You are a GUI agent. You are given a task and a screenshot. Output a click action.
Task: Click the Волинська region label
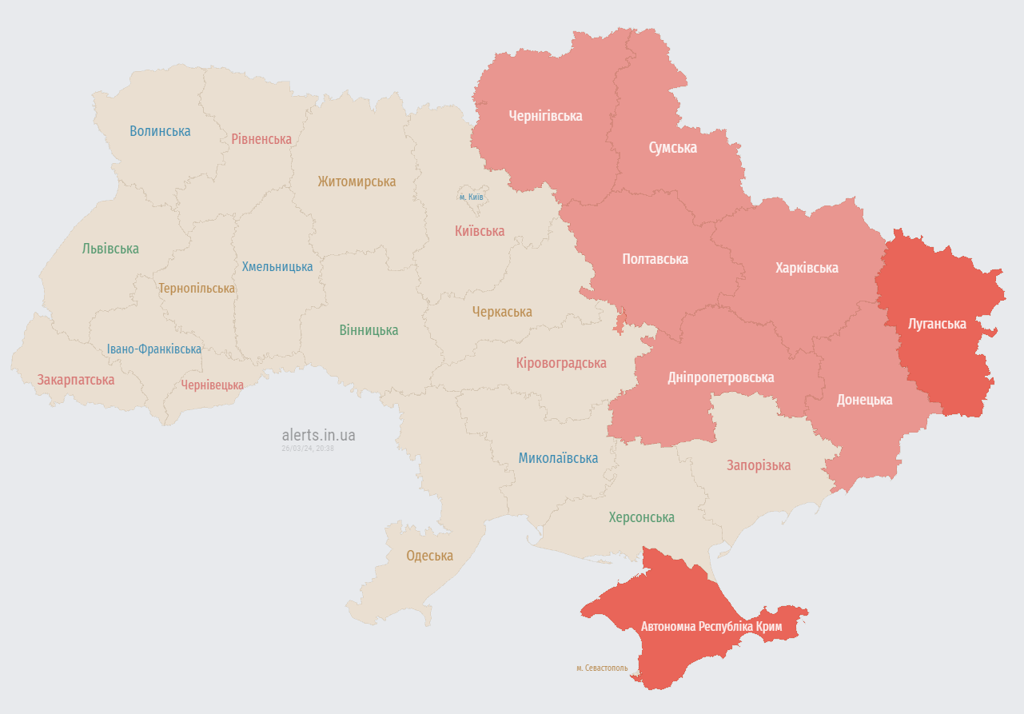160,131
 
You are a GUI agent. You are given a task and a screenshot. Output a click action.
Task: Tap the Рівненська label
261,139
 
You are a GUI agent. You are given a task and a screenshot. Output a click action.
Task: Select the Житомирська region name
357,181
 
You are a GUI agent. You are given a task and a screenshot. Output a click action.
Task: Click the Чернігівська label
545,116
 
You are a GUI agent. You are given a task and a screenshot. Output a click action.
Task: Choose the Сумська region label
672,148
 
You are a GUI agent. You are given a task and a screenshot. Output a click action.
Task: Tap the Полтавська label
655,259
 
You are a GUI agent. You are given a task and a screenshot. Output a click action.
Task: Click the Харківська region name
807,268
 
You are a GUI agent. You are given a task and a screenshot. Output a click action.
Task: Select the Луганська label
937,324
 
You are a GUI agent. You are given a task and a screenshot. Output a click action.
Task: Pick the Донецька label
864,400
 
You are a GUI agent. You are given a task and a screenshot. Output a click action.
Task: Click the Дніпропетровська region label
720,377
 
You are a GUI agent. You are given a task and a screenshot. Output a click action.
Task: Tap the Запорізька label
759,465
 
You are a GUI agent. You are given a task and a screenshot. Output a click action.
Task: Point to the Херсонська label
641,517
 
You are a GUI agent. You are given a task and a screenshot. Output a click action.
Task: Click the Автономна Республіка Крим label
711,626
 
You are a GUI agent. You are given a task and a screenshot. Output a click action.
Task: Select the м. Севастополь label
602,668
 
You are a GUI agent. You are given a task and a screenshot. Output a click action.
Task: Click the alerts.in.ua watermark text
318,435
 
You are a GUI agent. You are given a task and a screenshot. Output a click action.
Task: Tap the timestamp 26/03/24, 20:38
308,449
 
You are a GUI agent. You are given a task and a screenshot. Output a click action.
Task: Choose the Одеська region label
429,556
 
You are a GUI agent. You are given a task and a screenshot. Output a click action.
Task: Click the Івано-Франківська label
154,349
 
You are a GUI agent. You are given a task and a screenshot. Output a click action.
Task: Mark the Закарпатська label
76,380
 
